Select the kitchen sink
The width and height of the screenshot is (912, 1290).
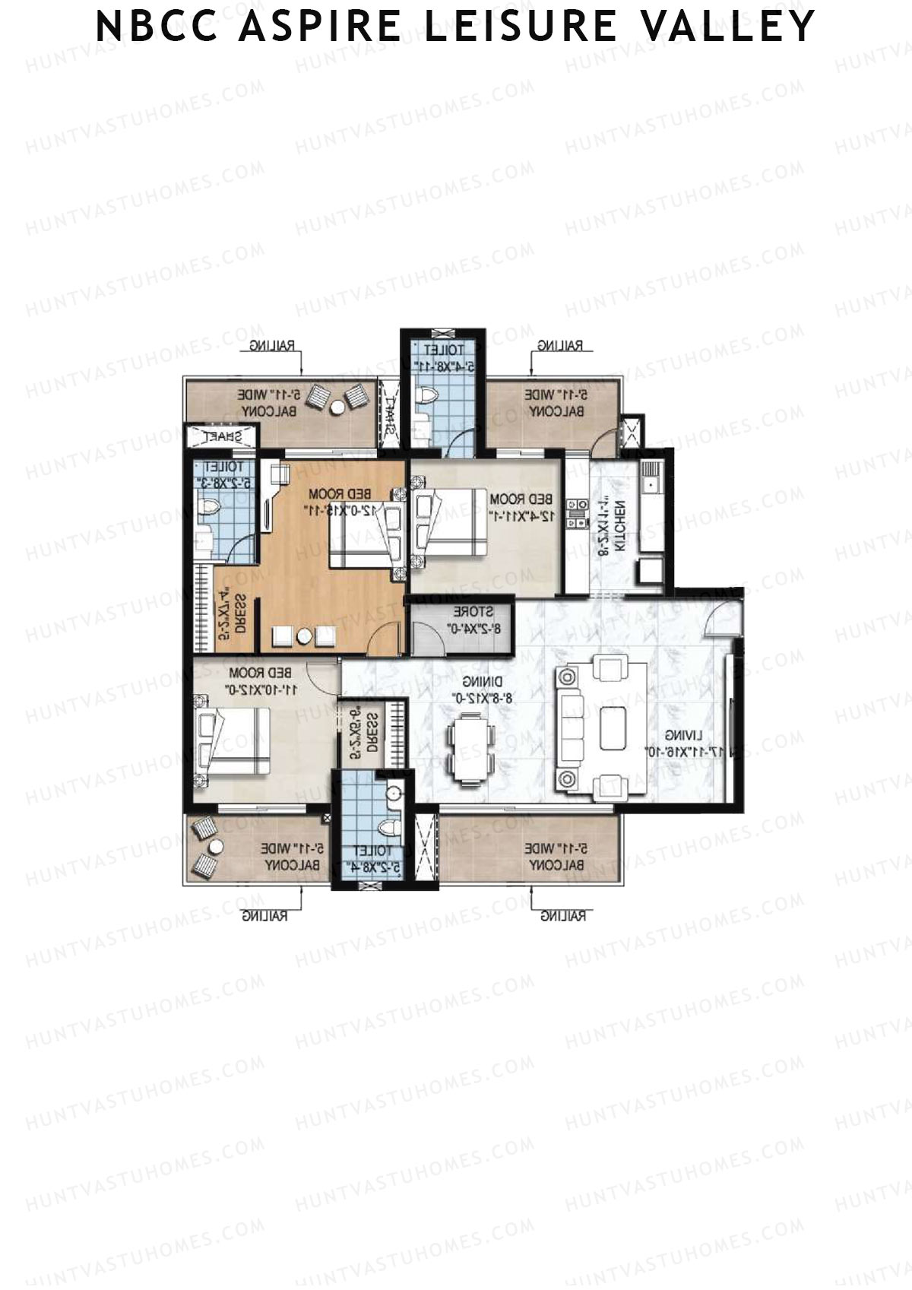pos(651,483)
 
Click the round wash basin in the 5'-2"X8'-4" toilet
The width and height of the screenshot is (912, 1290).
pos(393,794)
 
